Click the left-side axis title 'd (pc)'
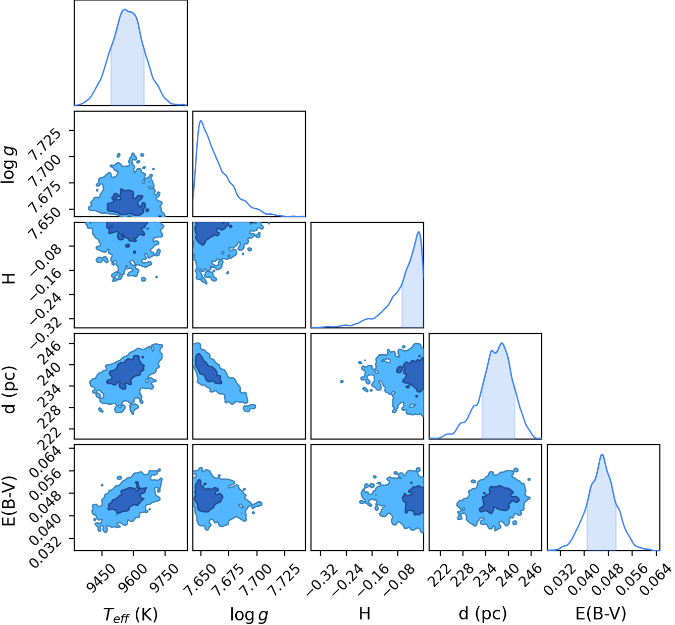coord(9,390)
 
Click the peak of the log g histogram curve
coord(201,120)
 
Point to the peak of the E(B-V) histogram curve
coord(602,454)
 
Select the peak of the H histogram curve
coord(419,232)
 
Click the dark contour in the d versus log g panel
coord(207,369)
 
